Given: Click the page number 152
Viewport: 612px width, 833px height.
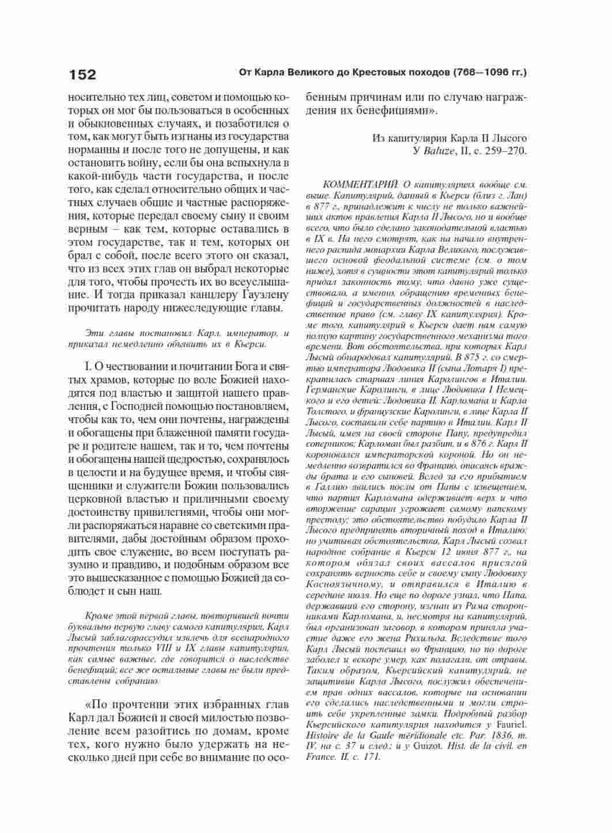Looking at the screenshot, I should pos(82,75).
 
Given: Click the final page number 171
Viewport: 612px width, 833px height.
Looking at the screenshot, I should pos(372,757).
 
